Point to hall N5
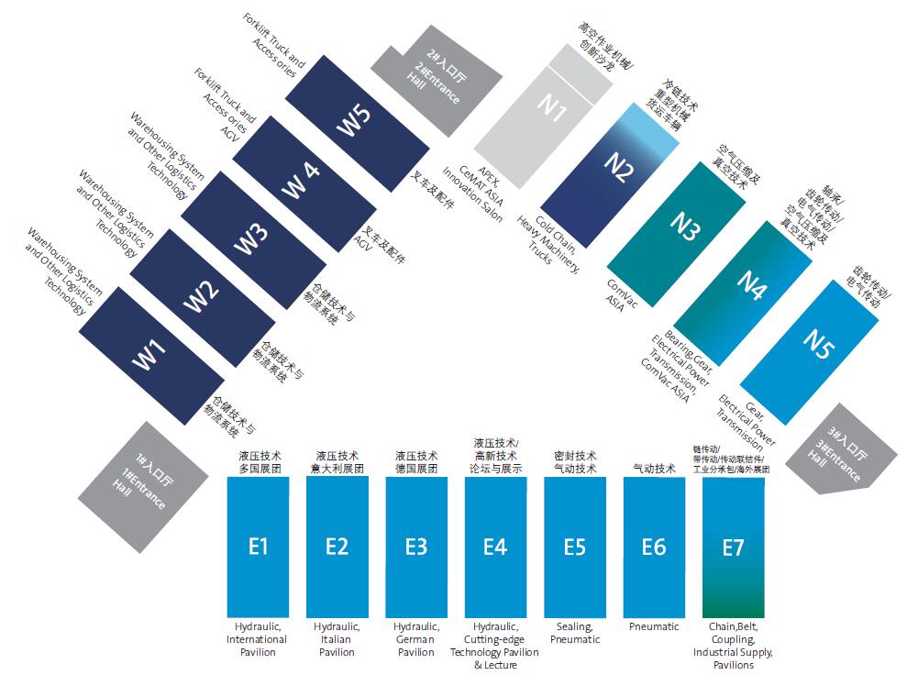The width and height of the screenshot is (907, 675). coord(816,344)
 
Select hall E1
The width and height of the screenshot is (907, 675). coord(258,547)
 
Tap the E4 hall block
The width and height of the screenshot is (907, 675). coord(495,547)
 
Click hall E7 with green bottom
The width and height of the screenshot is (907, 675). coord(733,547)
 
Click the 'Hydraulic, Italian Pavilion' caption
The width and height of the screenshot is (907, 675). coord(337,639)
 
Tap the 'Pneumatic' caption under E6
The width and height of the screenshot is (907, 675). coord(654,627)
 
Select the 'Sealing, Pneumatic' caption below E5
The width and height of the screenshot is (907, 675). coord(574,633)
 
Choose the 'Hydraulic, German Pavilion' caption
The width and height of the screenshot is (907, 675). coord(415,639)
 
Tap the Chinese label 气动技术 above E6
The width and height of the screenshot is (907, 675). coord(654,469)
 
